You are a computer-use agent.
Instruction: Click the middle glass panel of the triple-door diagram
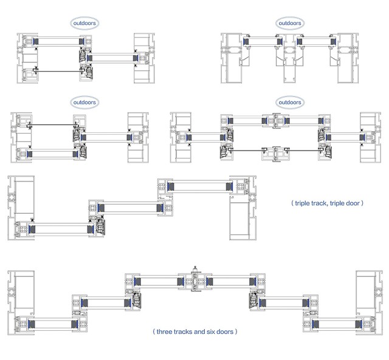point(130,208)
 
